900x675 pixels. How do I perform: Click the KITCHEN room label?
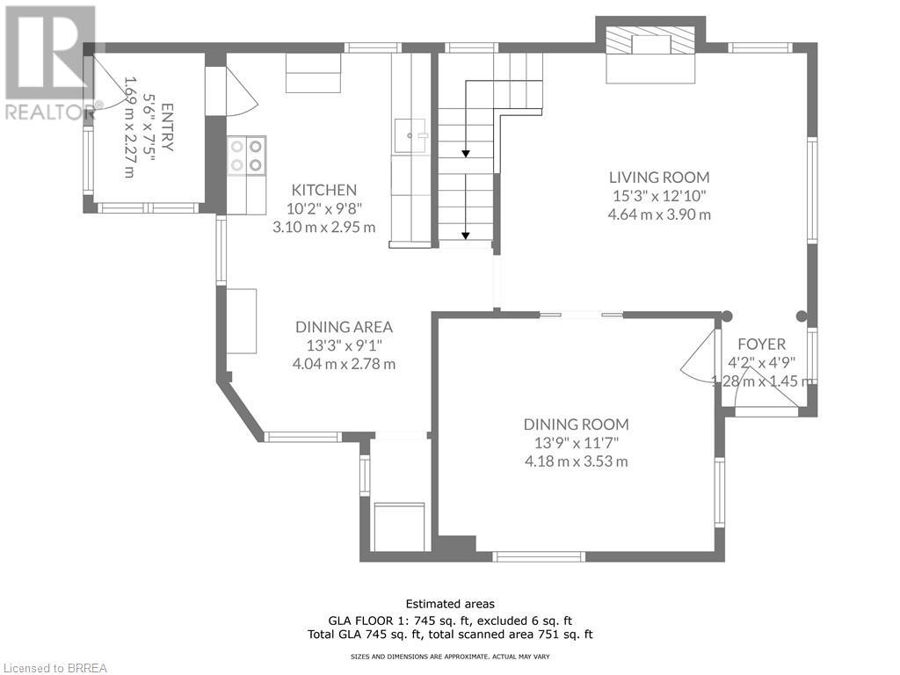tap(323, 190)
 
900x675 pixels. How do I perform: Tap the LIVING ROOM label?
tap(659, 178)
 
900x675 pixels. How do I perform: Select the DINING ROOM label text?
tap(577, 425)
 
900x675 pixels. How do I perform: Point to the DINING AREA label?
tap(344, 327)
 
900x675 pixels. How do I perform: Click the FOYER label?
tap(761, 345)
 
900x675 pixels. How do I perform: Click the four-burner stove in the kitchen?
tap(247, 156)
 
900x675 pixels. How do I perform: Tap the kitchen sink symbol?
tap(410, 136)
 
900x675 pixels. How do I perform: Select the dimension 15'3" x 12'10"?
tap(659, 196)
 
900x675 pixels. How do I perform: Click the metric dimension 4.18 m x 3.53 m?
tap(577, 461)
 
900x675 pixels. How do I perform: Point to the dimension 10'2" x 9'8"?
tap(323, 208)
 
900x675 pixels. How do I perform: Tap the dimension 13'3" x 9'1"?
tap(344, 345)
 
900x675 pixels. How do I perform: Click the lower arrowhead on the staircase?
tap(466, 236)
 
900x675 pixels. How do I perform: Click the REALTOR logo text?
tap(48, 112)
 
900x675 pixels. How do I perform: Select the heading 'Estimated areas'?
tap(450, 604)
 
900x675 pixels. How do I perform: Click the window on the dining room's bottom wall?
tap(539, 556)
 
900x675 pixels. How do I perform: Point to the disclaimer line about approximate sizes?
tap(450, 657)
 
